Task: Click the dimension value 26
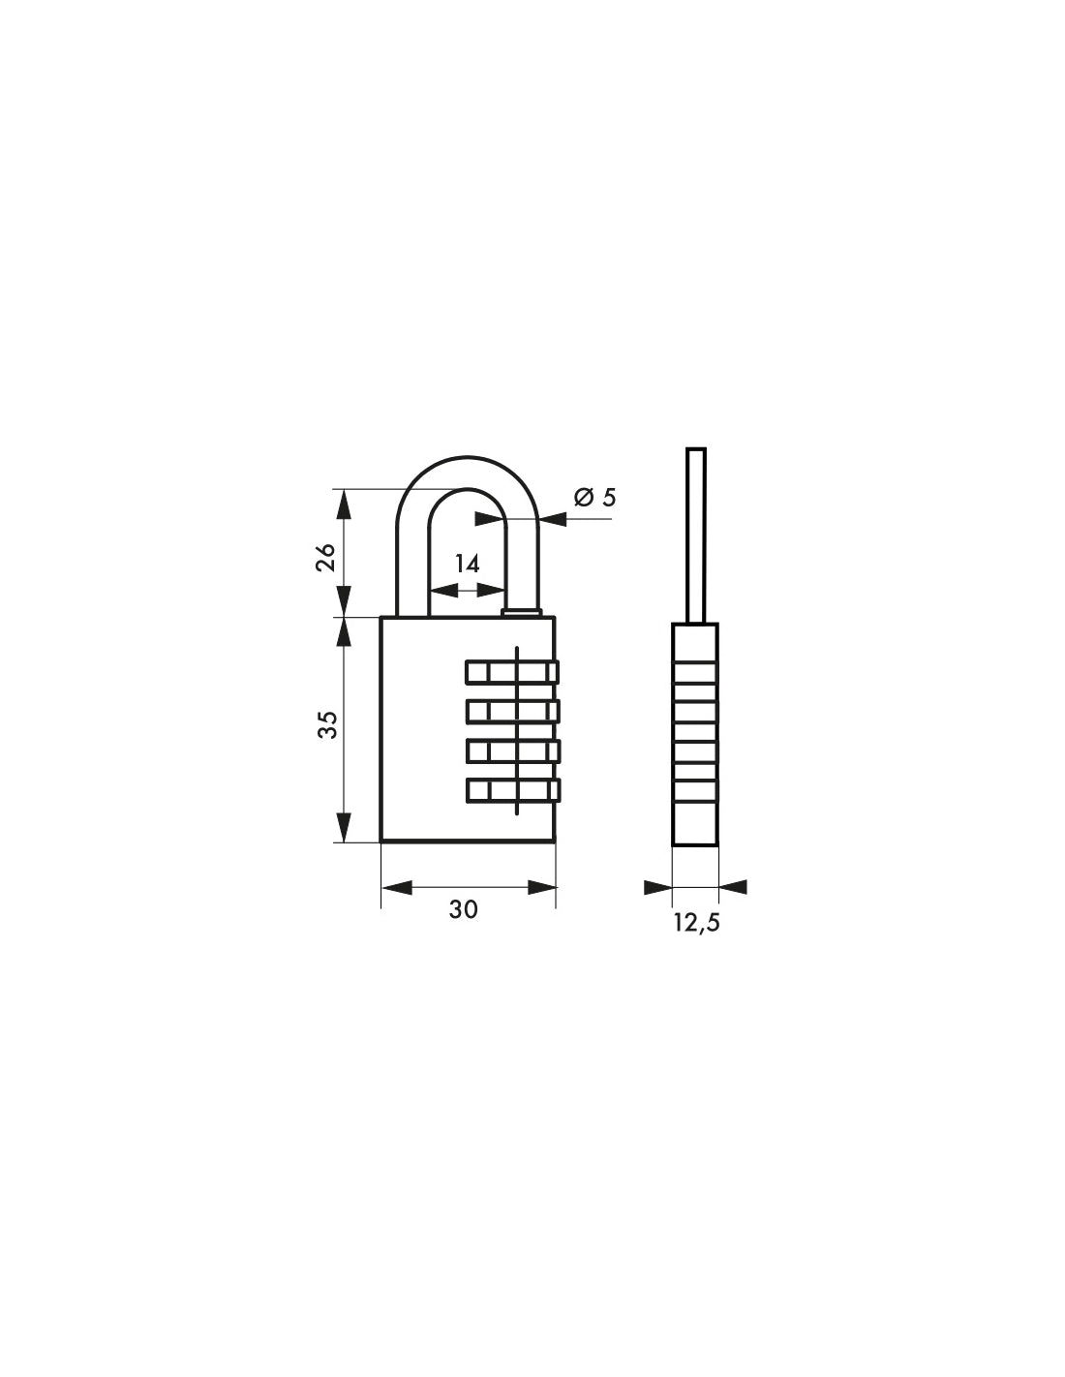[326, 557]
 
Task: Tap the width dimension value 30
[464, 909]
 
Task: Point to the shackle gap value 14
[468, 565]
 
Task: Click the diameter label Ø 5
[594, 498]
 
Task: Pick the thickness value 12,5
[697, 922]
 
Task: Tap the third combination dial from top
[512, 750]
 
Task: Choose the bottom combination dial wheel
[512, 790]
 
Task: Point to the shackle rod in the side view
[695, 533]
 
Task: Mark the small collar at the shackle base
[521, 611]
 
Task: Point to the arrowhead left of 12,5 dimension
[658, 887]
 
